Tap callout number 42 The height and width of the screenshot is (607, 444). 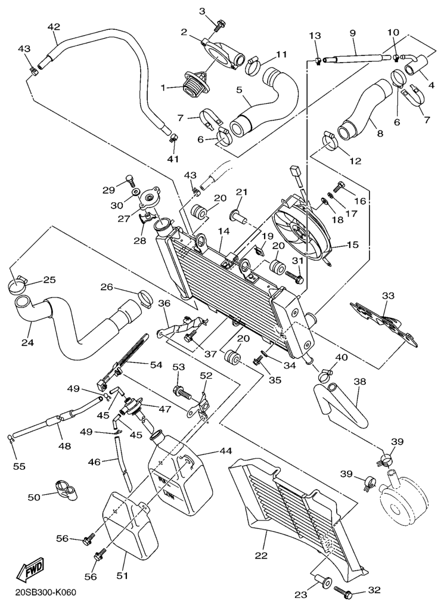[54, 27]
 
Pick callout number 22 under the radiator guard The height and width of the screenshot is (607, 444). [260, 555]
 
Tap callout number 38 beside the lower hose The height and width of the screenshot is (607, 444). [359, 380]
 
